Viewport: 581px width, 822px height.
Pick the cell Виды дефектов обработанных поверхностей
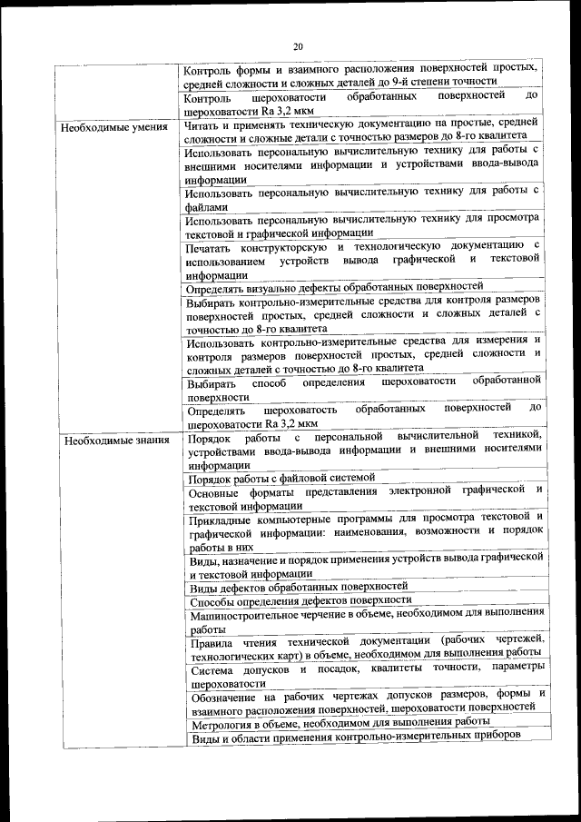point(299,587)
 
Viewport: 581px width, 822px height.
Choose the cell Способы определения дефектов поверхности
point(300,600)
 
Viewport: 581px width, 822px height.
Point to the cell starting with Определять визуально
point(333,286)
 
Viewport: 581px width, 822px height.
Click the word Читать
point(201,126)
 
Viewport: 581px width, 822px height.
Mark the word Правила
point(212,642)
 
